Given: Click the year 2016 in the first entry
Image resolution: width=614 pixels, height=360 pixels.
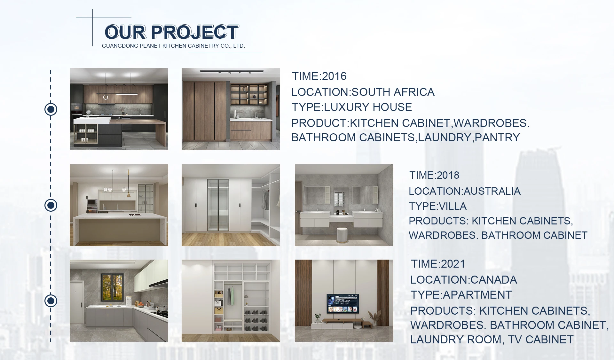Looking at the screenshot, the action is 334,76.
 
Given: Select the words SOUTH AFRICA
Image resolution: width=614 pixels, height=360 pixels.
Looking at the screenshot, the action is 393,92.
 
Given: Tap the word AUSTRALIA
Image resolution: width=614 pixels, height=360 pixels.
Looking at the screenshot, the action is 492,191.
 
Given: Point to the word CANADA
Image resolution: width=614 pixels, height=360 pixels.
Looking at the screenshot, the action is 494,280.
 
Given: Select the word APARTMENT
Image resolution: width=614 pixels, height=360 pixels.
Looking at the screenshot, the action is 477,295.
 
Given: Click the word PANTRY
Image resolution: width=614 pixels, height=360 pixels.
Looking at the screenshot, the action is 497,137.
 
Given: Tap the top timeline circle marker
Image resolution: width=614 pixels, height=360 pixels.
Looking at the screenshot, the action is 51,109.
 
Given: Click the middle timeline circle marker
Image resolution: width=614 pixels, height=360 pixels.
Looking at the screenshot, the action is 51,205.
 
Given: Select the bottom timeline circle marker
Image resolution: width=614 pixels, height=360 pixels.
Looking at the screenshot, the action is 51,301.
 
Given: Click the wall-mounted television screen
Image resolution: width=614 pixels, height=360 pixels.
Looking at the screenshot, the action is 343,304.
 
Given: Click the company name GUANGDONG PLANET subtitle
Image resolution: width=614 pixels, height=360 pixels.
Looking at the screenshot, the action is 173,46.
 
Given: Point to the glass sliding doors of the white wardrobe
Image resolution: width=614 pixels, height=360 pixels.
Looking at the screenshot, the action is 218,205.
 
